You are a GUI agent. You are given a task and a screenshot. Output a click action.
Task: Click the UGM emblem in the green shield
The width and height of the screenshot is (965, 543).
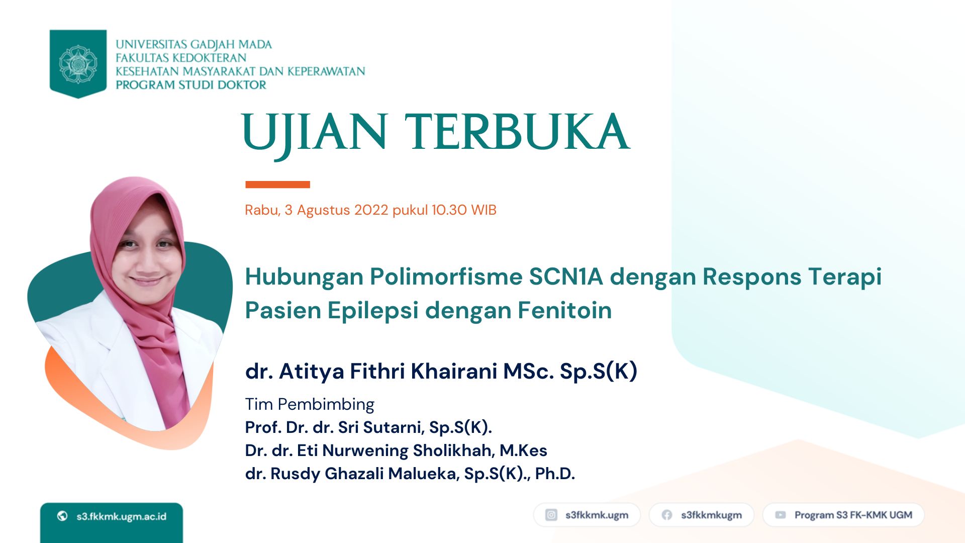pos(78,64)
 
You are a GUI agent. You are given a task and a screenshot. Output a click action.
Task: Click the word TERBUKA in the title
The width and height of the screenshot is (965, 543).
pos(517,132)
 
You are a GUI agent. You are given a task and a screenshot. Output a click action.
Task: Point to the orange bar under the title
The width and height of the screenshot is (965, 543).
pos(277,185)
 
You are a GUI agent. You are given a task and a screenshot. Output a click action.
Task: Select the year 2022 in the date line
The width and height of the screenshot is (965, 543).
pos(371,210)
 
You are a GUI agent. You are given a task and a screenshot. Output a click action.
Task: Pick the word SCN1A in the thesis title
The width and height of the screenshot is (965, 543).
pos(566,277)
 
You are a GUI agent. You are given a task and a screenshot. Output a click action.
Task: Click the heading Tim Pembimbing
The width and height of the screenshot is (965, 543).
pos(310,405)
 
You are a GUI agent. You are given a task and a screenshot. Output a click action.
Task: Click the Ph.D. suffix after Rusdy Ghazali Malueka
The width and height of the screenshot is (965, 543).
pos(555,474)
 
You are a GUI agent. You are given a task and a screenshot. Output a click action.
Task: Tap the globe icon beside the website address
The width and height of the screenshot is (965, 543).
pos(62,516)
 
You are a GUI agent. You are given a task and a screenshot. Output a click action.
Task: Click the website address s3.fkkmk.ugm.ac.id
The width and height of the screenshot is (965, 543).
pos(121,516)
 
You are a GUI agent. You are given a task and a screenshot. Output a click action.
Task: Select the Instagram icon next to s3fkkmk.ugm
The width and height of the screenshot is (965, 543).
pos(551,515)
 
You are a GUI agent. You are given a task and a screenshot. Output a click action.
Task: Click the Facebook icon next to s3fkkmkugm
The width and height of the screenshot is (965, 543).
pos(667,515)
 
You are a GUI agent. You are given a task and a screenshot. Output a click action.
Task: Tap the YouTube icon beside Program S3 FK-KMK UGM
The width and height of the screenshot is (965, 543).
pos(781,515)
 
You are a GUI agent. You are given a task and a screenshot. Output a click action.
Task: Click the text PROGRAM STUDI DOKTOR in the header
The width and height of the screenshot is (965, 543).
pos(191,85)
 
